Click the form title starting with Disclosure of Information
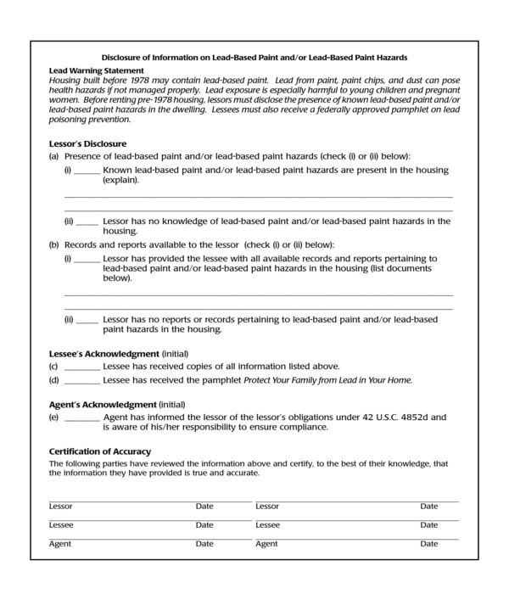(254, 58)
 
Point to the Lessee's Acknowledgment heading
(103, 353)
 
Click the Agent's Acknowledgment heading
(103, 404)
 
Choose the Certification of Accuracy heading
(100, 451)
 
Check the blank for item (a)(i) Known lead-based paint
(87, 171)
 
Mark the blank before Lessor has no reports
(87, 321)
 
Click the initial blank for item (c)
(81, 367)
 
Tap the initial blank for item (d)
(81, 380)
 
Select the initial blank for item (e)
(81, 418)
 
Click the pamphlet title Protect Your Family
(327, 380)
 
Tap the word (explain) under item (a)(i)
(121, 180)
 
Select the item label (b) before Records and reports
(54, 244)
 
